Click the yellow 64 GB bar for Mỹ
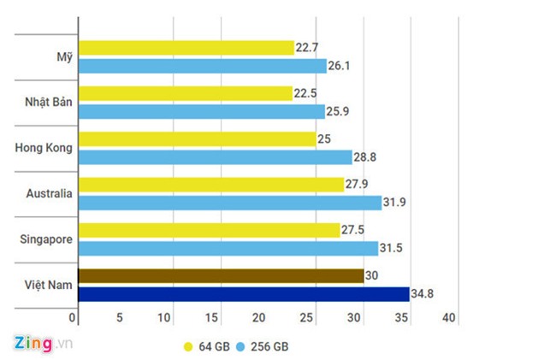coord(185,48)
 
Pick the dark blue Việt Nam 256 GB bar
coord(243,294)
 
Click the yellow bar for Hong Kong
coord(196,139)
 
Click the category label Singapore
coord(45,239)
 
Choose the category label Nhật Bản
coord(48,103)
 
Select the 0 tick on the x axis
coord(74,318)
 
